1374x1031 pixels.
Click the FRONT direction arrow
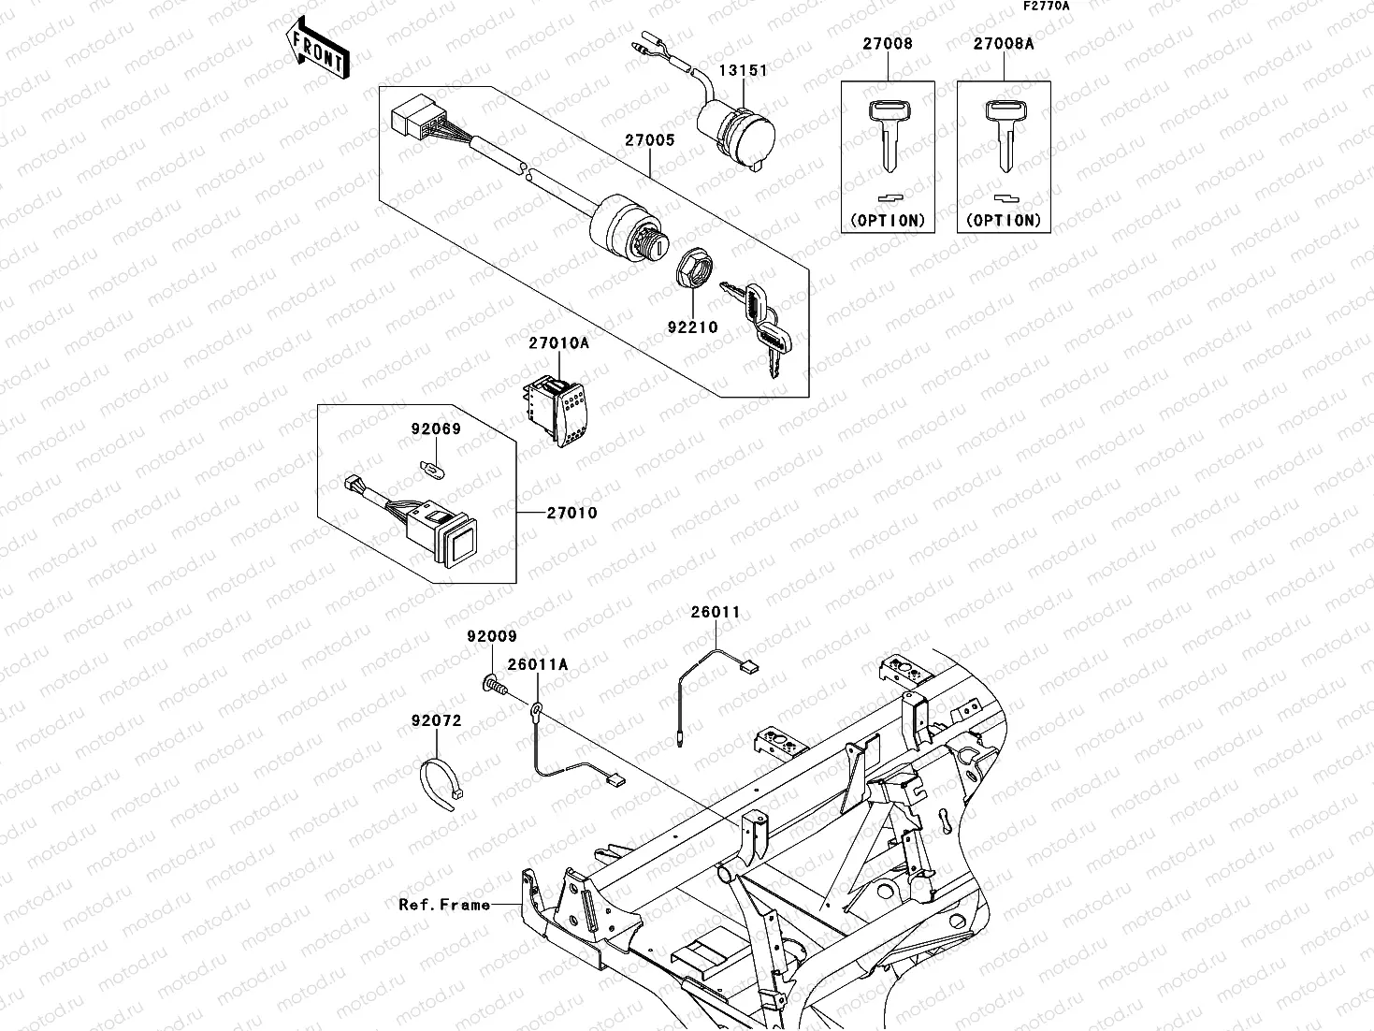(x=316, y=50)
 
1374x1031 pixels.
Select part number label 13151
(x=743, y=71)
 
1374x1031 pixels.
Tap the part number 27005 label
(x=650, y=140)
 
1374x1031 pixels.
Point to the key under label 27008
(x=888, y=136)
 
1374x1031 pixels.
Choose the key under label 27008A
(x=1004, y=136)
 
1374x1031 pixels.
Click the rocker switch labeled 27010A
(x=559, y=409)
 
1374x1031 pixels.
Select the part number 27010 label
(x=571, y=514)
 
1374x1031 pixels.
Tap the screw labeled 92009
(x=494, y=686)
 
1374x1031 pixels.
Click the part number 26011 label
(x=715, y=613)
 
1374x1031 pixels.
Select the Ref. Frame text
(x=444, y=905)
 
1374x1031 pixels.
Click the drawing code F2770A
(x=1045, y=6)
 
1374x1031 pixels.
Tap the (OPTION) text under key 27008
(x=888, y=221)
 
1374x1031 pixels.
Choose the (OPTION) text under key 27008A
(x=1004, y=221)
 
